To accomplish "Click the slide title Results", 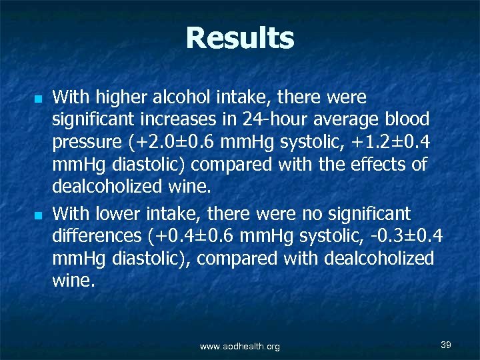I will [240, 39].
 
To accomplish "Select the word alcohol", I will [174, 98].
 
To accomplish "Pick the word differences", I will [94, 237].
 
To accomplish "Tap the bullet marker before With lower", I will [39, 215].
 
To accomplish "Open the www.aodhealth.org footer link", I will [240, 346].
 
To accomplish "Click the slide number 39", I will [446, 344].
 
